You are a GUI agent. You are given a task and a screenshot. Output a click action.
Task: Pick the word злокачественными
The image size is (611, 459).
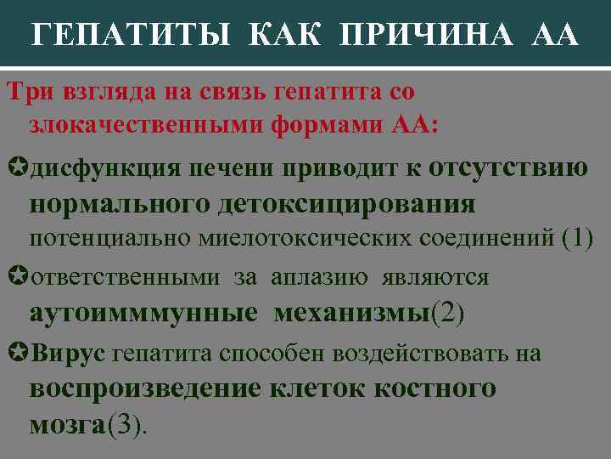click(x=146, y=124)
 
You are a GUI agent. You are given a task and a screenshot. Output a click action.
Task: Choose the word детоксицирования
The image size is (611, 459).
click(x=347, y=203)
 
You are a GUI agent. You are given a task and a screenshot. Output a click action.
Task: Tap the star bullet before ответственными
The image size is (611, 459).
click(x=17, y=277)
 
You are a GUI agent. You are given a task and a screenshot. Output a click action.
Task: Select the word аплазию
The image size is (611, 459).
click(x=320, y=277)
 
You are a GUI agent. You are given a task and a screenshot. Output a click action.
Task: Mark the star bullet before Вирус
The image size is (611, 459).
click(x=17, y=353)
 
